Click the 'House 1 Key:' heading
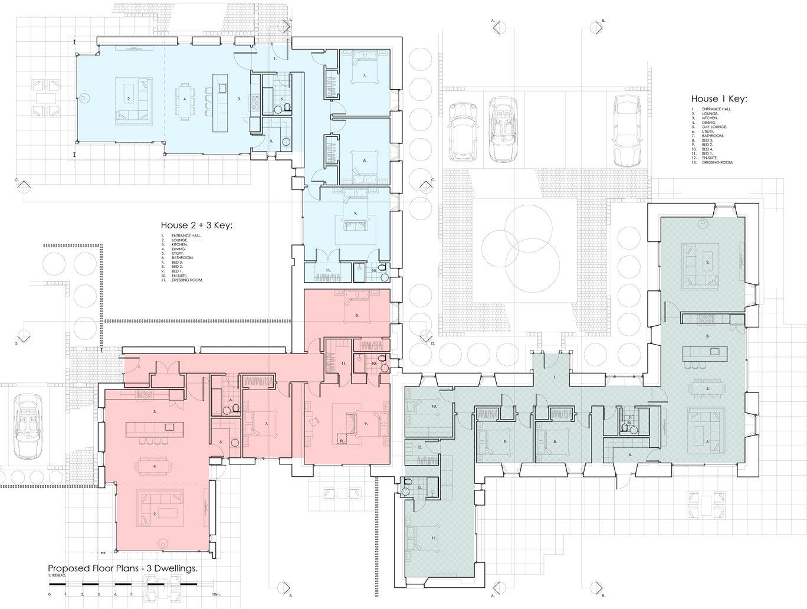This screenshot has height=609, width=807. click(x=719, y=99)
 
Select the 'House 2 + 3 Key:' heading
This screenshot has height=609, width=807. click(x=197, y=225)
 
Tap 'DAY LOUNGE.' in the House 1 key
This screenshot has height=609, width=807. click(x=714, y=127)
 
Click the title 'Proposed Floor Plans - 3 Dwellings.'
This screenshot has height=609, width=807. click(x=122, y=568)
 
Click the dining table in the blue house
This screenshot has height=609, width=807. click(x=185, y=100)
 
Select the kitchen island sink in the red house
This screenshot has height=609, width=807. click(x=169, y=427)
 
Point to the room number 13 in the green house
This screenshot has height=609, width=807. click(x=419, y=448)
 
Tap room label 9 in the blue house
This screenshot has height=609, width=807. click(x=356, y=212)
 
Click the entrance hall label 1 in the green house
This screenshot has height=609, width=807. click(x=554, y=376)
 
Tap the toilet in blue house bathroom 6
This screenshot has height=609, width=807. click(x=287, y=107)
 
